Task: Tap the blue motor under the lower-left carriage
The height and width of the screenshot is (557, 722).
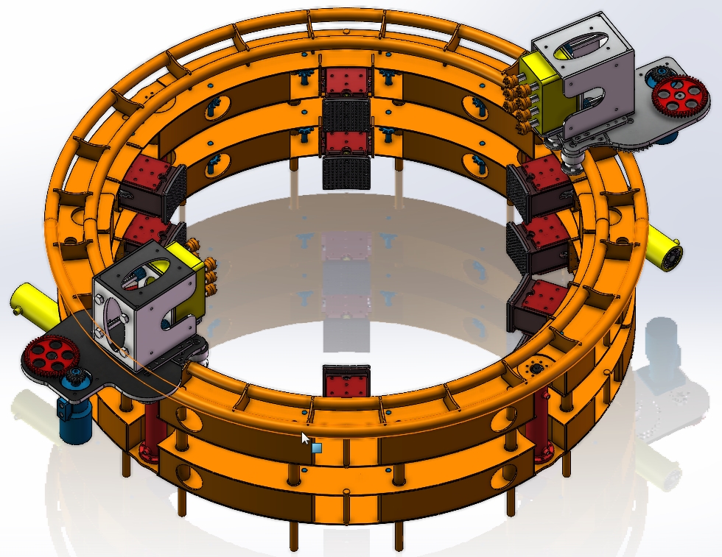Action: (x=76, y=417)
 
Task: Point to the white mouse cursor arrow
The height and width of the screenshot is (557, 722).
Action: (x=305, y=439)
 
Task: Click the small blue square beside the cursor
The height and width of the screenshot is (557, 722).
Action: (x=317, y=447)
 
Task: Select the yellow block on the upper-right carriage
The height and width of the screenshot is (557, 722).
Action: (x=542, y=96)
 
